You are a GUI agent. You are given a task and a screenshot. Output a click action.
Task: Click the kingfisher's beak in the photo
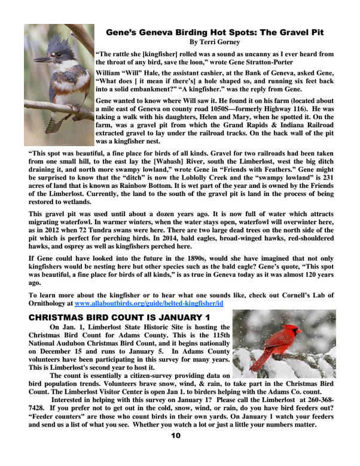point(43,59)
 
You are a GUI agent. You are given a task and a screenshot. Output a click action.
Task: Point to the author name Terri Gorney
point(213,42)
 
